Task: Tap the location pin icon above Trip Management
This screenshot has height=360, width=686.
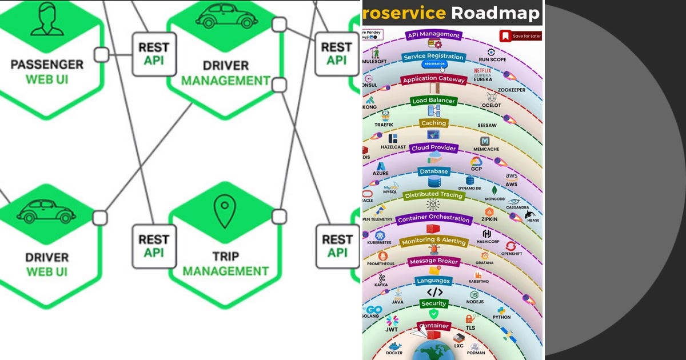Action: click(x=225, y=212)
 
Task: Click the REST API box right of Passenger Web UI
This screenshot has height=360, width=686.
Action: click(x=154, y=54)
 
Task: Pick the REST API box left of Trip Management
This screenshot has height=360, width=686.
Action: click(x=154, y=246)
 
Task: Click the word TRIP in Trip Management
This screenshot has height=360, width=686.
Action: click(x=225, y=257)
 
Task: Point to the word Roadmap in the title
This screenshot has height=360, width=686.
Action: click(x=494, y=13)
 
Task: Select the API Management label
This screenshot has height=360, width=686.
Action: click(x=434, y=35)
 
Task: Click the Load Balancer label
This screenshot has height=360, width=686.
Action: click(x=434, y=101)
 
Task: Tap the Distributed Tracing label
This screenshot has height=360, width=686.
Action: click(x=433, y=195)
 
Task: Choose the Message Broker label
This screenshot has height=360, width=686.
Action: click(x=434, y=261)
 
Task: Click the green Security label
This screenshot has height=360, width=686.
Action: click(x=434, y=303)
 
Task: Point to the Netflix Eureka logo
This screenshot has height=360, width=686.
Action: click(x=482, y=75)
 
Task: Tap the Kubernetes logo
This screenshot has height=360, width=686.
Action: click(x=380, y=235)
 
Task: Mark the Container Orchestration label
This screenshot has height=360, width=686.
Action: click(x=434, y=219)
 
